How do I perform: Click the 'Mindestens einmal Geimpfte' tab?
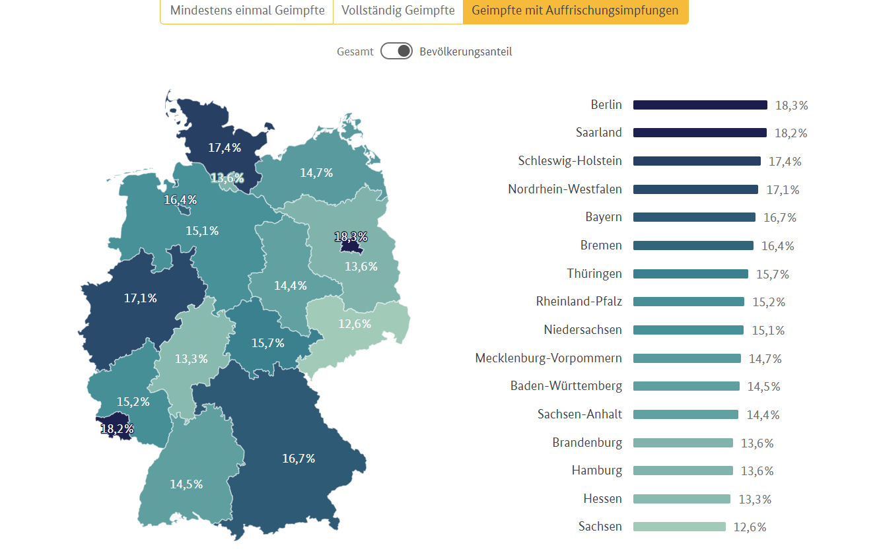pyautogui.click(x=246, y=11)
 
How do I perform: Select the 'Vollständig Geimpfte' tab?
pyautogui.click(x=398, y=11)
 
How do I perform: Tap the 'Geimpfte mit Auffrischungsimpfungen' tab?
pyautogui.click(x=575, y=11)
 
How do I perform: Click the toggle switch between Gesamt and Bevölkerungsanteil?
pyautogui.click(x=396, y=51)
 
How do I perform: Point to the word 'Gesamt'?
pyautogui.click(x=355, y=51)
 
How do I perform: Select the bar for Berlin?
pyautogui.click(x=700, y=105)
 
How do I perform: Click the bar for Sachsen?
pyautogui.click(x=679, y=527)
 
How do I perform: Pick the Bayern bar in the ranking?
pyautogui.click(x=694, y=217)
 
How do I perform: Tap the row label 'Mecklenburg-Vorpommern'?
pyautogui.click(x=548, y=358)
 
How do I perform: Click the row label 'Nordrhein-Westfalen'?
pyautogui.click(x=565, y=189)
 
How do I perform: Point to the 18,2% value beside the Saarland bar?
pyautogui.click(x=791, y=133)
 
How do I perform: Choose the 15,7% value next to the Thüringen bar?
pyautogui.click(x=773, y=274)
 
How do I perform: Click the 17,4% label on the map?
pyautogui.click(x=225, y=148)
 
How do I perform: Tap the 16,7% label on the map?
pyautogui.click(x=299, y=458)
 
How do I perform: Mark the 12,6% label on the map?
pyautogui.click(x=355, y=324)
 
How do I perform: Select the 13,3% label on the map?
pyautogui.click(x=192, y=359)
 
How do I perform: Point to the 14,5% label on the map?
pyautogui.click(x=186, y=484)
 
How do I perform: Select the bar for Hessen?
pyautogui.click(x=682, y=499)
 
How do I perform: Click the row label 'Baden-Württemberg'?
pyautogui.click(x=566, y=386)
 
